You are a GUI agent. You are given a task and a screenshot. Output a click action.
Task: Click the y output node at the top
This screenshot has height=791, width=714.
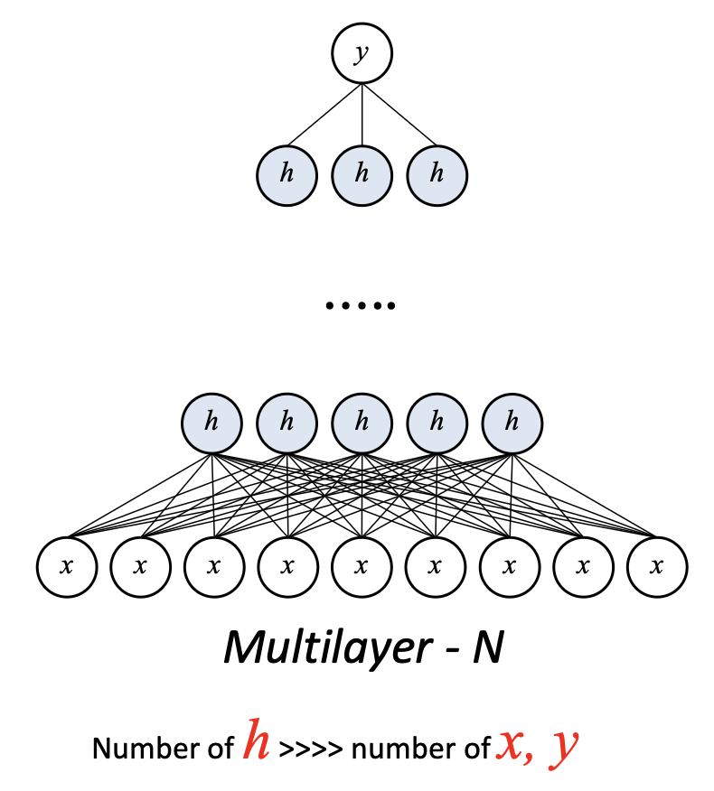click(x=362, y=54)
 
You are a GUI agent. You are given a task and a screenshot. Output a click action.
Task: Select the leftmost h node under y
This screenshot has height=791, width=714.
click(x=287, y=174)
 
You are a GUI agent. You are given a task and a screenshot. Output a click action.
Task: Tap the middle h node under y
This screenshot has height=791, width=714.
click(x=362, y=174)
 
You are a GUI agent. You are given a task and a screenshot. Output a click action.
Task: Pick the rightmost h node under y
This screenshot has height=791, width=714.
click(x=437, y=174)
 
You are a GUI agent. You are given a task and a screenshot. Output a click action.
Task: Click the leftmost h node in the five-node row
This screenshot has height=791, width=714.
click(x=211, y=422)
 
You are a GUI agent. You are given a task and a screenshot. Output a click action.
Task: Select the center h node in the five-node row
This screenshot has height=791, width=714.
click(x=362, y=422)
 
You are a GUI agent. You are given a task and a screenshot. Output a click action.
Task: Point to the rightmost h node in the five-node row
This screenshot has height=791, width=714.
click(x=512, y=422)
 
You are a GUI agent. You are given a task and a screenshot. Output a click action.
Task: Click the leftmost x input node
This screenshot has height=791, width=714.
click(x=65, y=567)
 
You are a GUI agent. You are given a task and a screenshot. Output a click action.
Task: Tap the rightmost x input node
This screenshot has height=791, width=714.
click(x=657, y=567)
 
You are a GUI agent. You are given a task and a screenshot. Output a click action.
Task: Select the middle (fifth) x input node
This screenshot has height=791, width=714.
click(x=362, y=567)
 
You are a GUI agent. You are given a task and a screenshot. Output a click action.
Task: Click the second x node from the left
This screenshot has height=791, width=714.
click(x=139, y=567)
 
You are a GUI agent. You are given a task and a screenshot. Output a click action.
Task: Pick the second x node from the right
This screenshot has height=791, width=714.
click(x=583, y=567)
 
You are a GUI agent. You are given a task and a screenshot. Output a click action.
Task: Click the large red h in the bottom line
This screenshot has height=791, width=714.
click(x=257, y=743)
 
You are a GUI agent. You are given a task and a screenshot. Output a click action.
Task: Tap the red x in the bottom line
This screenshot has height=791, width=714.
click(x=512, y=746)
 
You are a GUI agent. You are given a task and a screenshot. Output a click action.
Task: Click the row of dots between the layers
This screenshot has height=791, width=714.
click(x=361, y=306)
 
